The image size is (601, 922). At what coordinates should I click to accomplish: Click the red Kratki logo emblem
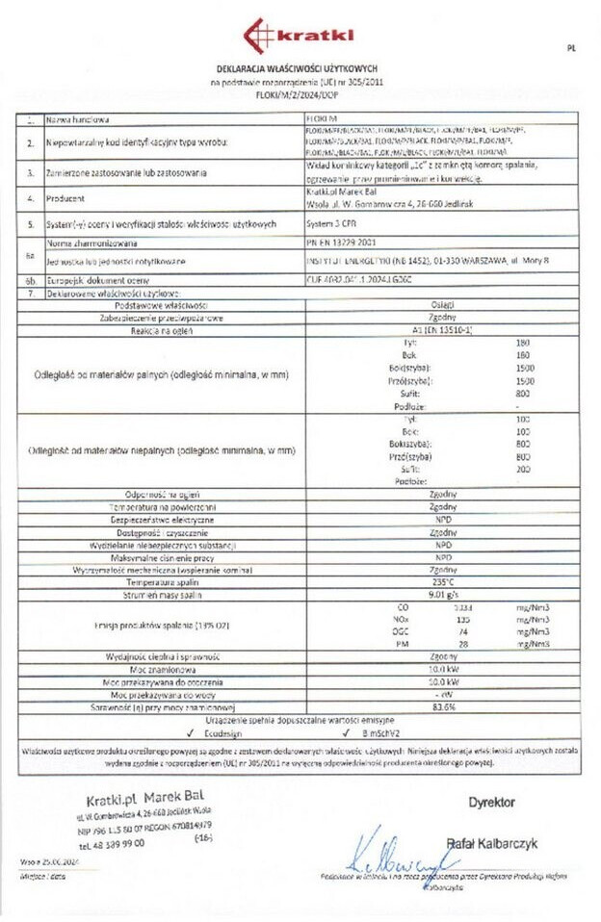click(x=256, y=36)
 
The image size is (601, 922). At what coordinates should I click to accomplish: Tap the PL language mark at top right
click(x=571, y=46)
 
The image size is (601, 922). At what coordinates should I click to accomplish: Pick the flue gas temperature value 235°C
click(x=442, y=582)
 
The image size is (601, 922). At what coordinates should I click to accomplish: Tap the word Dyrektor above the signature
click(x=491, y=802)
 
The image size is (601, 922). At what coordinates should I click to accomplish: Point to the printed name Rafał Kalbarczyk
click(x=491, y=843)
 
